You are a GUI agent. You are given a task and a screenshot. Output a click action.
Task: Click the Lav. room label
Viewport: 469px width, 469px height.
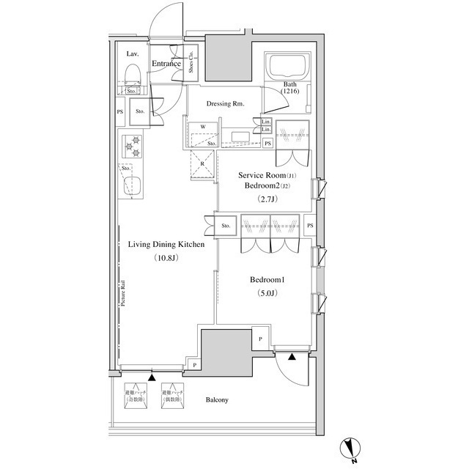click(x=132, y=55)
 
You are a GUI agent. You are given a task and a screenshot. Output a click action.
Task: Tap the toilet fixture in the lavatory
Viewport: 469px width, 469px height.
click(x=132, y=73)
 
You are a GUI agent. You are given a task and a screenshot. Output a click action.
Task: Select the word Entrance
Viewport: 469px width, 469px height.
click(x=166, y=64)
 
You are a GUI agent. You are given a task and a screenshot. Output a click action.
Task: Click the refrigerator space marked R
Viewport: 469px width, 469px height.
click(x=202, y=164)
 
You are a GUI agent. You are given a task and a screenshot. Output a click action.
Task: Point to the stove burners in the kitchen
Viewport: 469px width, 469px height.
click(x=133, y=146)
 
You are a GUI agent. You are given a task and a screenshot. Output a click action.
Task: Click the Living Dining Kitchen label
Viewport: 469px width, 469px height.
click(x=166, y=246)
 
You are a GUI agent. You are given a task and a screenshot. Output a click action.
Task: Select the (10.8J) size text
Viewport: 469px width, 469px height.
click(x=166, y=259)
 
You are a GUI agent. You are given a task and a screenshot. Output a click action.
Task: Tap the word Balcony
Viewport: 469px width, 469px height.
click(x=218, y=399)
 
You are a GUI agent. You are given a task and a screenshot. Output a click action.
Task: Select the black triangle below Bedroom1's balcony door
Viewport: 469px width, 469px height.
click(x=292, y=358)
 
